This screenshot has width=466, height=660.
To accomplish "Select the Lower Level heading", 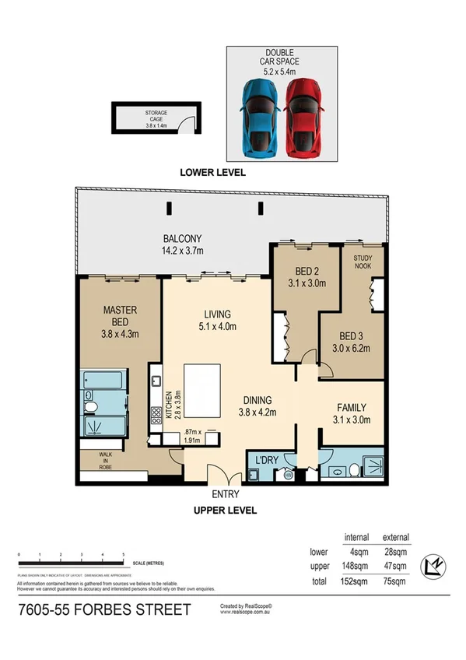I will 212,173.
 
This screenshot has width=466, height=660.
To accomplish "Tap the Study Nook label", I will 364,262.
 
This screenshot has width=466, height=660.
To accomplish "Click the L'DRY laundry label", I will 267,458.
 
